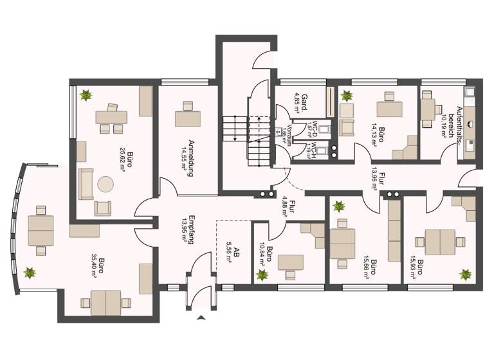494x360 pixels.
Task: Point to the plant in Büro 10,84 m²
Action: point(262,274)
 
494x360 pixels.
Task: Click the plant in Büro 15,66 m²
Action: point(338,206)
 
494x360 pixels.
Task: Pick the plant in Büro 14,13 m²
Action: point(347,96)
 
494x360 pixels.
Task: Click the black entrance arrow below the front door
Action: point(202,318)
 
